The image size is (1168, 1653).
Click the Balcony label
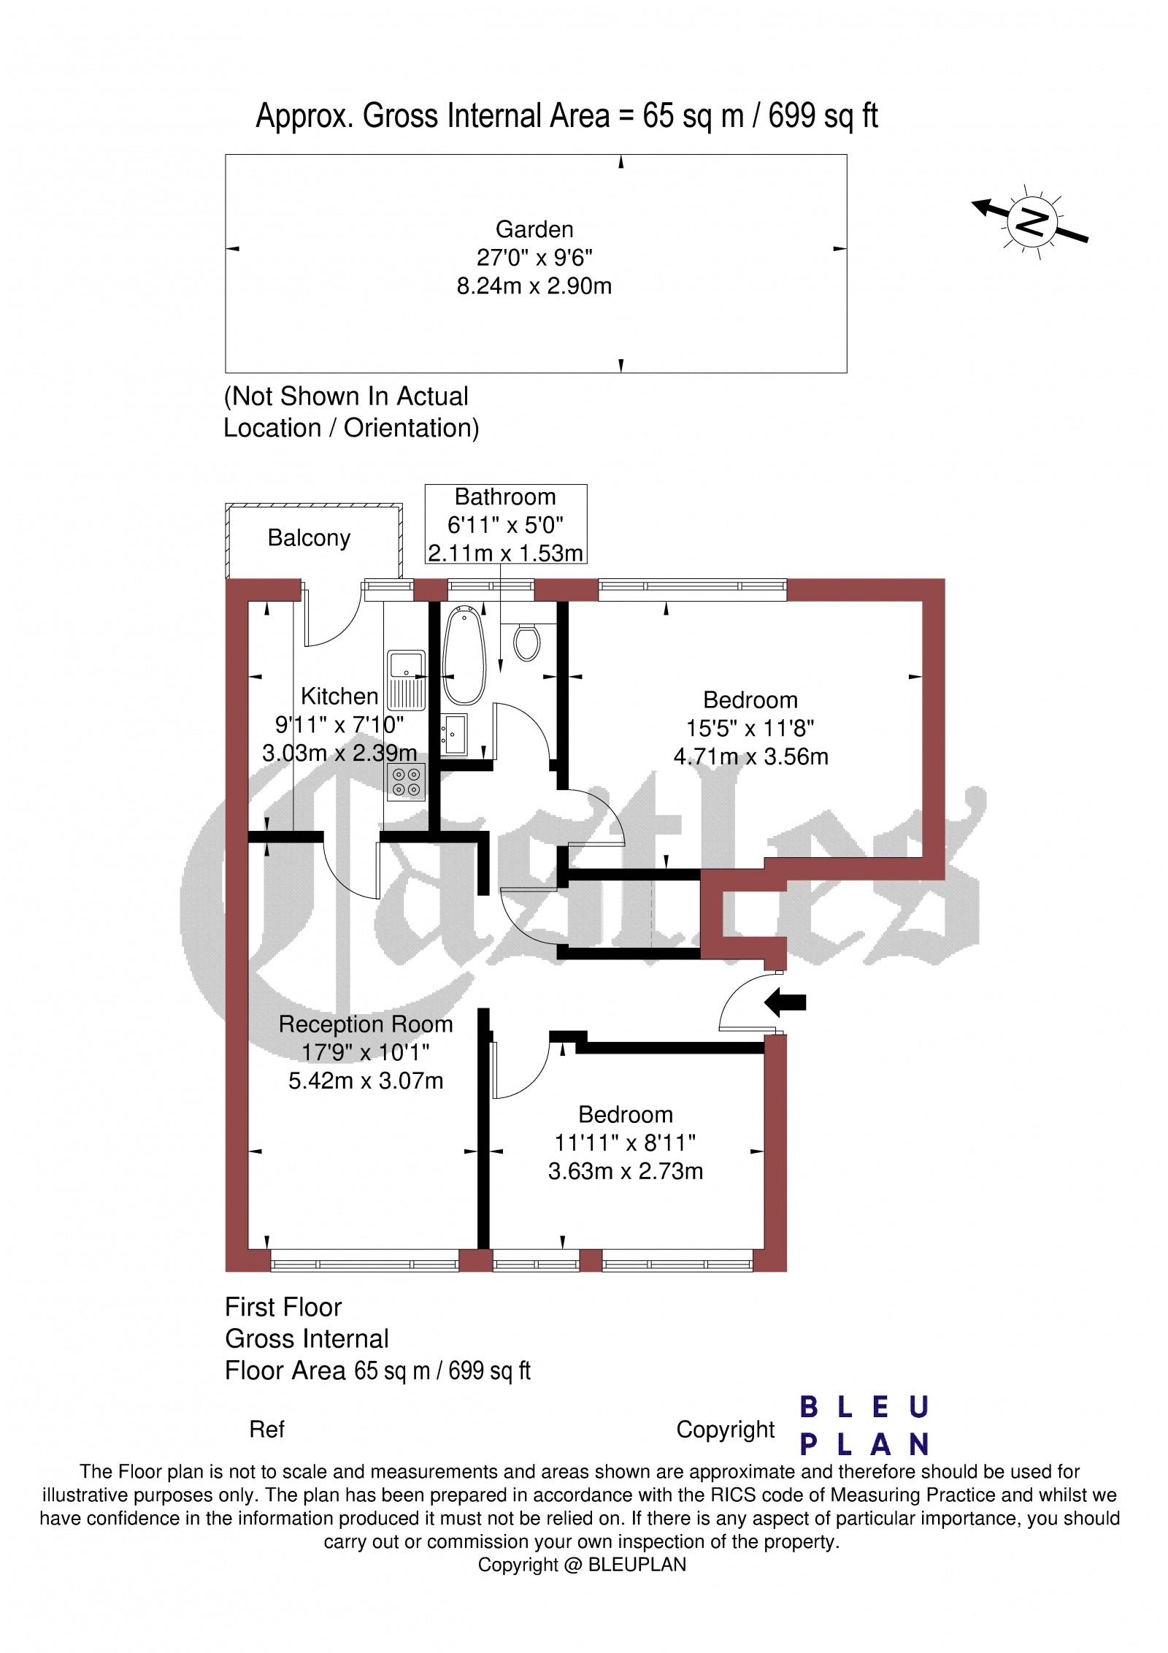pos(309,538)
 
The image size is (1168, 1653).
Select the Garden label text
pos(534,229)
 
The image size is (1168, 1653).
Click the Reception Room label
pos(366,1024)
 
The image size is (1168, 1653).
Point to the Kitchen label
pos(339,696)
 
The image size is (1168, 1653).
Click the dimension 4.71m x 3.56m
pos(750,756)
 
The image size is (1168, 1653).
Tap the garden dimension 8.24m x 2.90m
pos(534,285)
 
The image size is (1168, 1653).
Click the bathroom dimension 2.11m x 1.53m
pos(506,553)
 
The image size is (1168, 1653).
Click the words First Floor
pos(283,1306)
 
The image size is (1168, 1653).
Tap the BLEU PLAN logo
pos(864,1429)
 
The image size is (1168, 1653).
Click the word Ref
pos(266,1429)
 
